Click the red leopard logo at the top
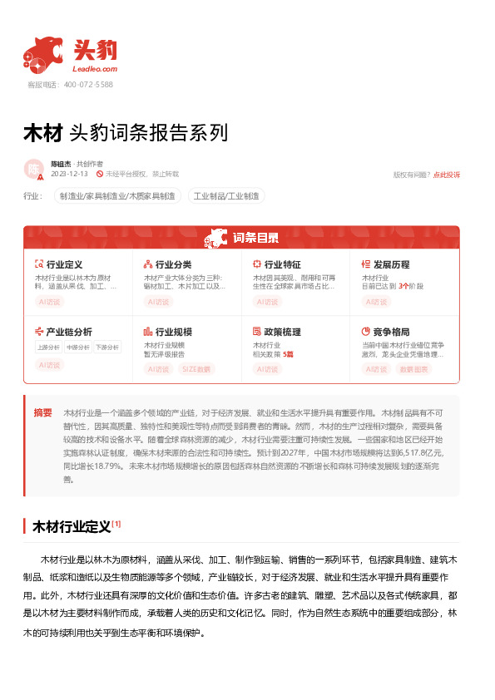[43, 56]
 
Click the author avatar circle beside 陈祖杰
[34, 169]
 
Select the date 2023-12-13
[69, 174]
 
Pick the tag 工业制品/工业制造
[226, 196]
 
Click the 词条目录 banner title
[255, 238]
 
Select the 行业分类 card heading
[173, 264]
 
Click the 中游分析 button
[77, 348]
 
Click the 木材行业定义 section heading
[71, 526]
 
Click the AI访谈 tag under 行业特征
[268, 302]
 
